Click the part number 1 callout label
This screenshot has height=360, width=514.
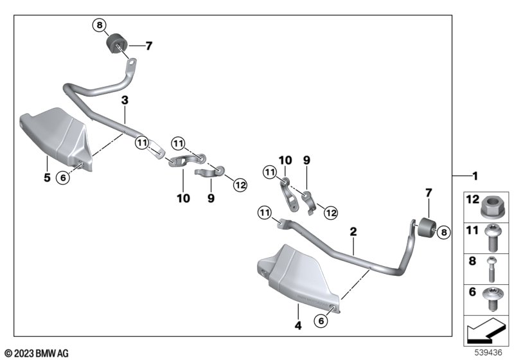tap(475, 176)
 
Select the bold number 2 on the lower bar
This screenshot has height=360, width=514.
tap(353, 231)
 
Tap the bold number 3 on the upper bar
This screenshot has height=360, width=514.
tap(125, 100)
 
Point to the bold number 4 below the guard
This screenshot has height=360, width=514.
tap(298, 325)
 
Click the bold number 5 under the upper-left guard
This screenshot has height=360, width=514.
tap(47, 177)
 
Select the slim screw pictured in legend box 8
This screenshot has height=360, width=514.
tap(492, 269)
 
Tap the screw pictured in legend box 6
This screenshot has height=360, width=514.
tap(491, 298)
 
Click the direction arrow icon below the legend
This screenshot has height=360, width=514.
tap(486, 330)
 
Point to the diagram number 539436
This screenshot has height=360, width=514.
tap(488, 352)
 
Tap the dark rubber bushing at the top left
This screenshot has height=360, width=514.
tap(118, 44)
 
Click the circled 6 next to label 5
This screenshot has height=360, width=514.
tap(63, 177)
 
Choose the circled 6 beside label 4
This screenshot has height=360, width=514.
tap(321, 321)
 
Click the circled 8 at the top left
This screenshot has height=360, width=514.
tap(100, 25)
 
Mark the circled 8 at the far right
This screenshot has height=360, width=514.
tap(444, 233)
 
